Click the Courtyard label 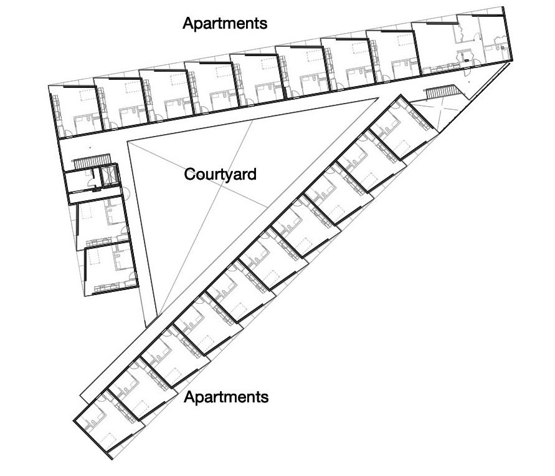(x=220, y=174)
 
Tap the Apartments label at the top (x=224, y=24)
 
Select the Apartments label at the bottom (x=226, y=397)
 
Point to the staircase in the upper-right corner (x=441, y=92)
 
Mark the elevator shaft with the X (x=109, y=175)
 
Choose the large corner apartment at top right (x=464, y=44)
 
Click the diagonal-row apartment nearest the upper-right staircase (x=402, y=128)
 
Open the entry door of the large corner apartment (x=458, y=28)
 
